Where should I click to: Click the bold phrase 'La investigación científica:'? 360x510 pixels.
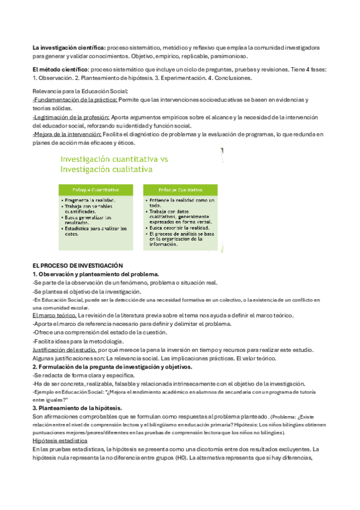pyautogui.click(x=69, y=47)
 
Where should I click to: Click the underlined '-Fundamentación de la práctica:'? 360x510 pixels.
pyautogui.click(x=75, y=99)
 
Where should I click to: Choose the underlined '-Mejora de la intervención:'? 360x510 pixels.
pyautogui.click(x=67, y=134)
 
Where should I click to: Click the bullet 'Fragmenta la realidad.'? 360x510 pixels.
pyautogui.click(x=91, y=200)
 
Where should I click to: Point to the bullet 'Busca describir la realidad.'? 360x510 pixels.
pyautogui.click(x=182, y=229)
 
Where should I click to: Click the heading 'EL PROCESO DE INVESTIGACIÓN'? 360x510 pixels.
pyautogui.click(x=77, y=265)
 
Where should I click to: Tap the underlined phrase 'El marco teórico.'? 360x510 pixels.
pyautogui.click(x=55, y=315)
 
